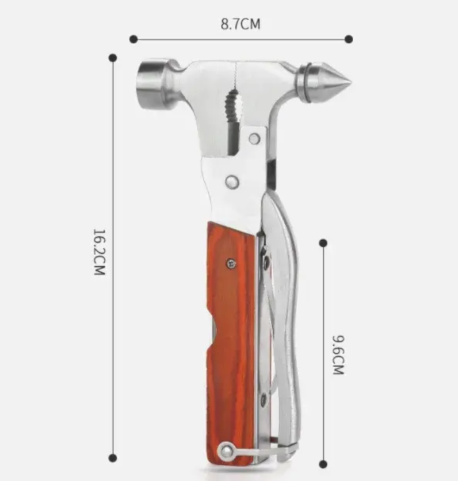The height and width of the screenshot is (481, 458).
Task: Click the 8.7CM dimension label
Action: click(240, 24)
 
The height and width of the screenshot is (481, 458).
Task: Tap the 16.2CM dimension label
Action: click(99, 252)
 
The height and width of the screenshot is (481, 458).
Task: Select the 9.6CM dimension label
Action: click(338, 355)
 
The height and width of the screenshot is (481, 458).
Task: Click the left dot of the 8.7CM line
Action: click(133, 39)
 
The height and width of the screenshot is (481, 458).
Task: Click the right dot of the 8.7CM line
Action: click(349, 39)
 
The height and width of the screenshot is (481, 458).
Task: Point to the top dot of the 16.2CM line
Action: click(113, 57)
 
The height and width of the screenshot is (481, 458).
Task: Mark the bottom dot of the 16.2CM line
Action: click(113, 458)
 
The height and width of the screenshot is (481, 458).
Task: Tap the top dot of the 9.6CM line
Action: click(323, 243)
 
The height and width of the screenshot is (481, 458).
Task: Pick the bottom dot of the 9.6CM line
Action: click(323, 464)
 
